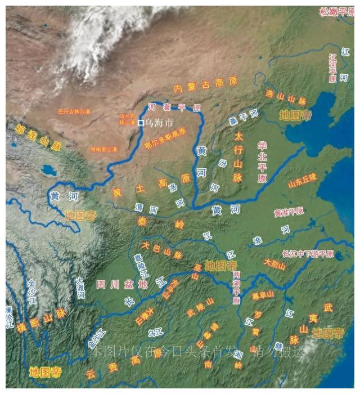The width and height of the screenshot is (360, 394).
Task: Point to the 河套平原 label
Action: point(174,107)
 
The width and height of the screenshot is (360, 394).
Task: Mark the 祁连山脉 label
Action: point(38,136)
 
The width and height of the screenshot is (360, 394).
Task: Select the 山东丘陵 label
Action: point(303,180)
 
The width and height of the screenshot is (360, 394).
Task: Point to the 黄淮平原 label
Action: point(289,212)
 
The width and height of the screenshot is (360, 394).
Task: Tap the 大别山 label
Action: point(275,264)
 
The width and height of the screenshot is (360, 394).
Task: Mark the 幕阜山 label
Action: point(263,294)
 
